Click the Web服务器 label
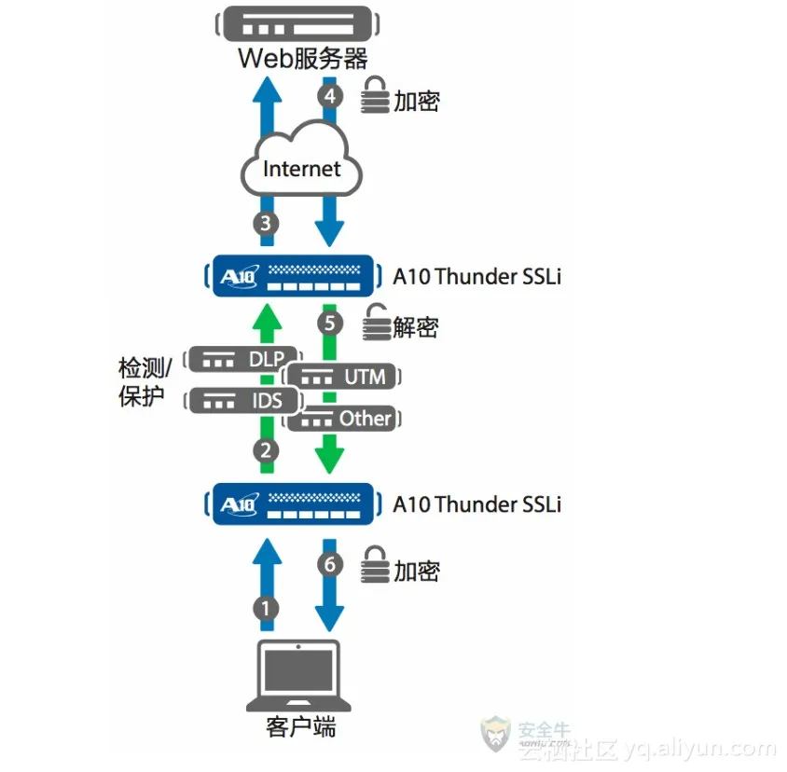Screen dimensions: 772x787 303,59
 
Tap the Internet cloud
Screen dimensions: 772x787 301,167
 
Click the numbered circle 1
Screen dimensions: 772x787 266,609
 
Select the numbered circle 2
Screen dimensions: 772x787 266,451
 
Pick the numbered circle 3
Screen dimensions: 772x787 266,223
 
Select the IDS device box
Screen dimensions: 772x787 245,402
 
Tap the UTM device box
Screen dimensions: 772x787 344,377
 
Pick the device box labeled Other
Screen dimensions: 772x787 344,419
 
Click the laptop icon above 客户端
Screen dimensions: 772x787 298,676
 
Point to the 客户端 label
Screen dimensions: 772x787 298,726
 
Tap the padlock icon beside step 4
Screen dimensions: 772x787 374,96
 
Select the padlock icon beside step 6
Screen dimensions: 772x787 374,565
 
